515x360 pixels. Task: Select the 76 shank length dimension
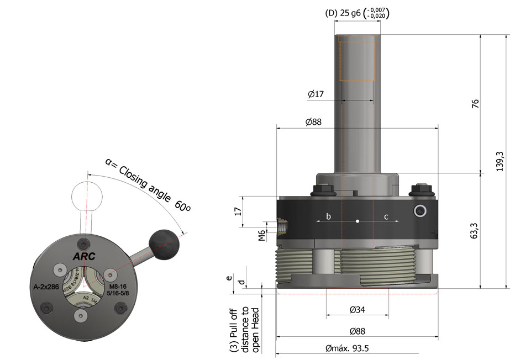[x=475, y=104]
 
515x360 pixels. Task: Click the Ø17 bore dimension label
[x=316, y=94]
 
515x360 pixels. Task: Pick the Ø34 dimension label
[x=357, y=310]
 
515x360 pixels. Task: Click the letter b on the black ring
[x=328, y=217]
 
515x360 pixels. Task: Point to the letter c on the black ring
[x=387, y=217]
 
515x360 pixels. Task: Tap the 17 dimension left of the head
[x=238, y=211]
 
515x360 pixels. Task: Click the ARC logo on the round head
[x=83, y=256]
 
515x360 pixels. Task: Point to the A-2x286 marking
[x=45, y=287]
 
